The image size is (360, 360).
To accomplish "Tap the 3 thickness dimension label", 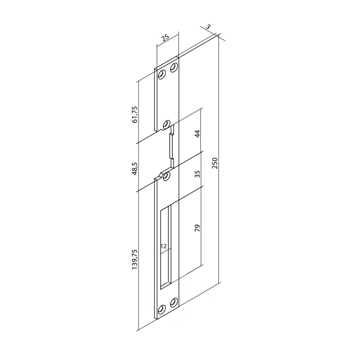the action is (208, 27).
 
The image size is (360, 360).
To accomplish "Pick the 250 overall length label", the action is (215, 163).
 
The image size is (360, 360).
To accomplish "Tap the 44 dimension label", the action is (198, 134).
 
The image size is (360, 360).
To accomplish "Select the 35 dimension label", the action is (198, 174).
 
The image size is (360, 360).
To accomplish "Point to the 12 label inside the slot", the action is (163, 246).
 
